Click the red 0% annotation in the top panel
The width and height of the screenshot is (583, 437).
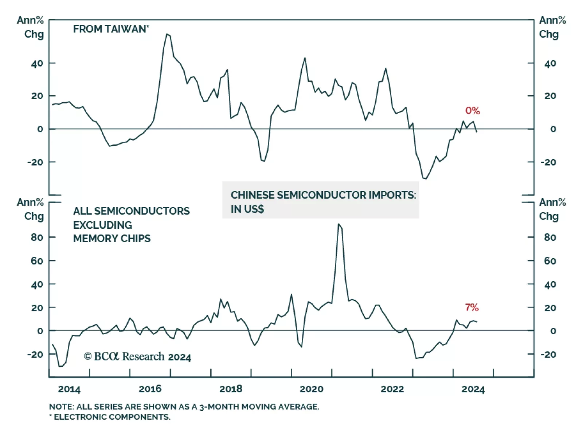473,111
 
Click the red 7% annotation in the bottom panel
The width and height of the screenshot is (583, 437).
472,307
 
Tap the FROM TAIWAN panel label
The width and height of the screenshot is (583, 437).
111,29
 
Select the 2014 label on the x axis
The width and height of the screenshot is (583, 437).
69,389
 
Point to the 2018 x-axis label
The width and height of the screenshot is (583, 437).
231,389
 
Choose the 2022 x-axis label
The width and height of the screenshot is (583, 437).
392,389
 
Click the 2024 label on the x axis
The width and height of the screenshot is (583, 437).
473,389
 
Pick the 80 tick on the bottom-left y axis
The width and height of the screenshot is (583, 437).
37,237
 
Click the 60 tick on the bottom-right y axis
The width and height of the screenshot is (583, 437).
550,261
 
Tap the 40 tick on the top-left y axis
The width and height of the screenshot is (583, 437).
37,64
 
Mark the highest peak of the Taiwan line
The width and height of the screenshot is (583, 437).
167,34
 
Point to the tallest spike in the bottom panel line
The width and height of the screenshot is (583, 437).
339,224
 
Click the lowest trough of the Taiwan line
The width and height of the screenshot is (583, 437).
425,178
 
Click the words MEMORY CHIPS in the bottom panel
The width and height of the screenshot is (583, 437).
112,239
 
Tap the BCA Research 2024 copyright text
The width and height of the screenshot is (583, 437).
137,357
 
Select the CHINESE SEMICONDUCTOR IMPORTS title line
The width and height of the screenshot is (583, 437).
323,195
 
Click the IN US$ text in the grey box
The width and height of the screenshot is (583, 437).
247,209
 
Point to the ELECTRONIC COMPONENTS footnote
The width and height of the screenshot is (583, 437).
111,417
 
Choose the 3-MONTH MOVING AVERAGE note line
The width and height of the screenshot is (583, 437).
184,407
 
